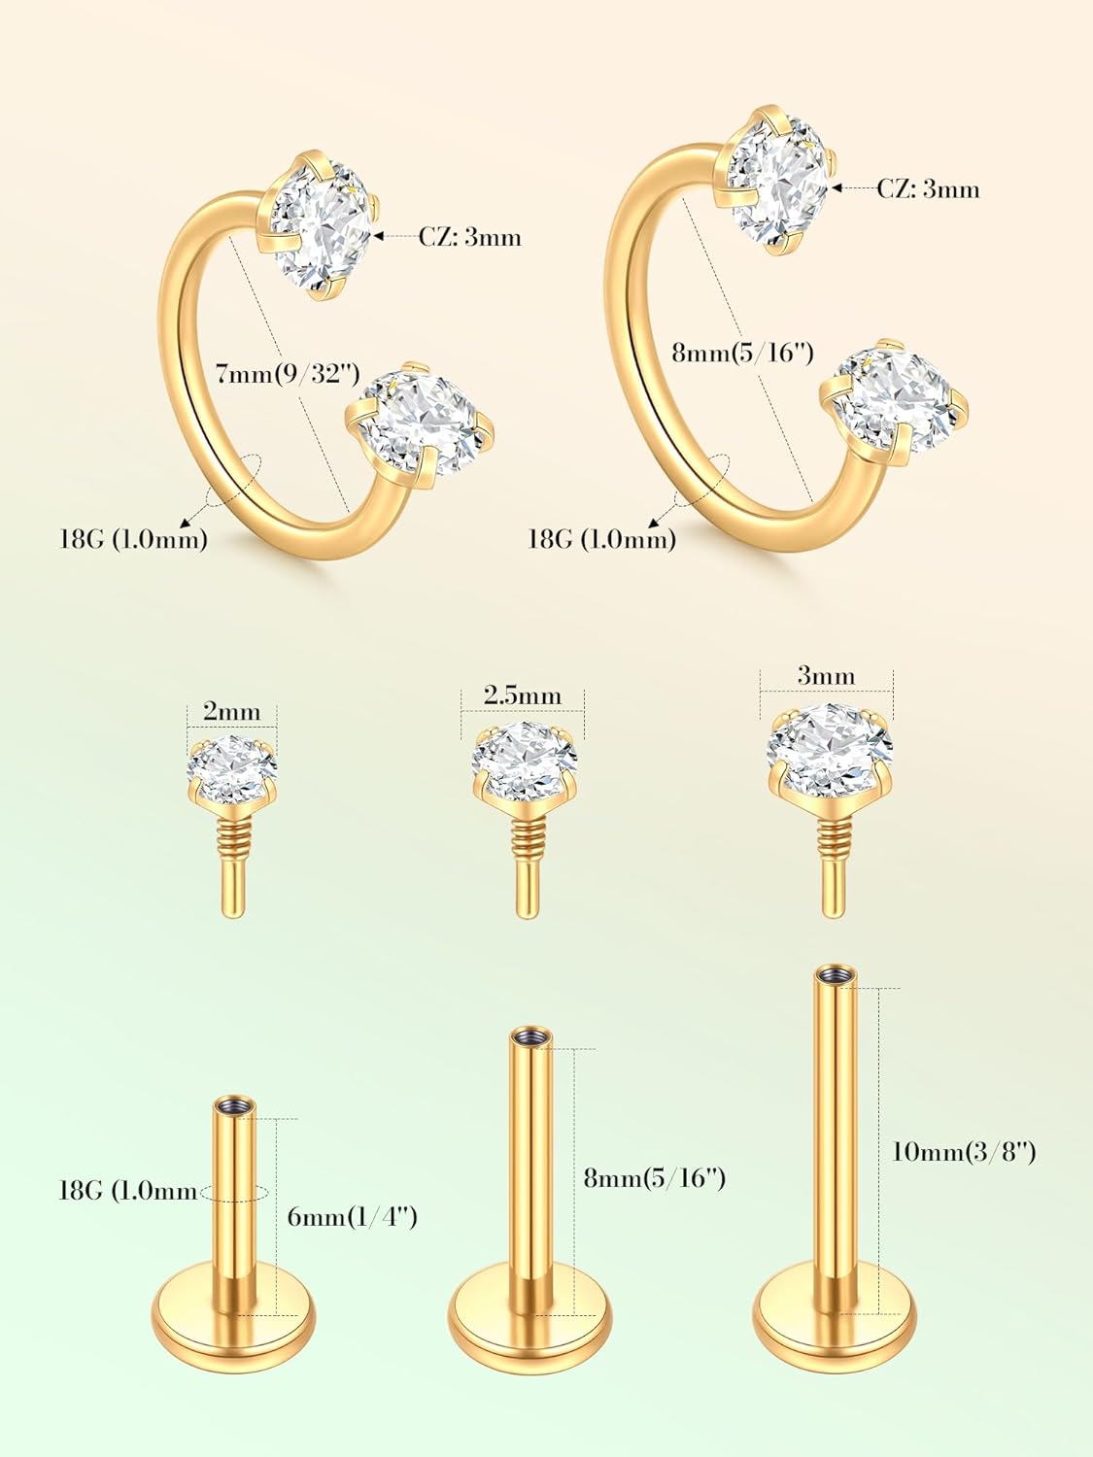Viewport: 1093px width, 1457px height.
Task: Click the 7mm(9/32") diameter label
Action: [x=288, y=373]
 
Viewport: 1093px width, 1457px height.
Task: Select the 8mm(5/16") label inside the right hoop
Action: [x=742, y=352]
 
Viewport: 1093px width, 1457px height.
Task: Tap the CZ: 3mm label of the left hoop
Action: [x=470, y=236]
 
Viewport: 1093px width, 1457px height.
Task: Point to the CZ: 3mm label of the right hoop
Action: [x=928, y=188]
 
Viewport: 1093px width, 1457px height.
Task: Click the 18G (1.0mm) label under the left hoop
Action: [x=134, y=539]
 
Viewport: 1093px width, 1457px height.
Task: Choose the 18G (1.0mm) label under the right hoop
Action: [x=601, y=539]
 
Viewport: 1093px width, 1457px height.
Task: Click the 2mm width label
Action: [x=231, y=712]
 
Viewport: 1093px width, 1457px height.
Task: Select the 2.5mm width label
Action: [x=523, y=695]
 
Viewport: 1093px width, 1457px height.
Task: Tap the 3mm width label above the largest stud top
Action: [x=826, y=676]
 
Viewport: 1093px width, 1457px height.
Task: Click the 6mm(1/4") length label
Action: [x=352, y=1216]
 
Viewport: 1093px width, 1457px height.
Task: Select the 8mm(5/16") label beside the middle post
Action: [x=654, y=1177]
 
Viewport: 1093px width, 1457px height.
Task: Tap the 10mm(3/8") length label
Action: [x=963, y=1151]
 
